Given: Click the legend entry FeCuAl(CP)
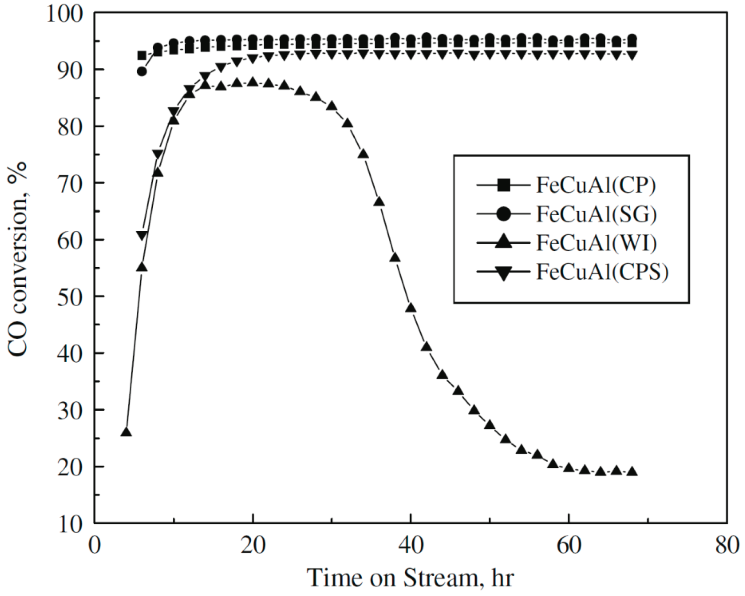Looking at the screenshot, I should tap(595, 186).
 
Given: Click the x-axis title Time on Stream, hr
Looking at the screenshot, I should tap(411, 578).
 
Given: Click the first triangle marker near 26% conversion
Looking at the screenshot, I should tap(126, 432).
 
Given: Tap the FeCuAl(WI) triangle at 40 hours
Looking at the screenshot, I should tap(411, 308).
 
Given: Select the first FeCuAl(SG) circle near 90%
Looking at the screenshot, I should tap(142, 72).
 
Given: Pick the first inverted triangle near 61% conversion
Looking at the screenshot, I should tap(142, 236).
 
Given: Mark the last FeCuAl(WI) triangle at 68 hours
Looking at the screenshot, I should tap(632, 472).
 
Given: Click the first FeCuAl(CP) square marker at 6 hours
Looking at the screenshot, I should tap(142, 56).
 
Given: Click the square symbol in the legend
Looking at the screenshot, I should tap(504, 186).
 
